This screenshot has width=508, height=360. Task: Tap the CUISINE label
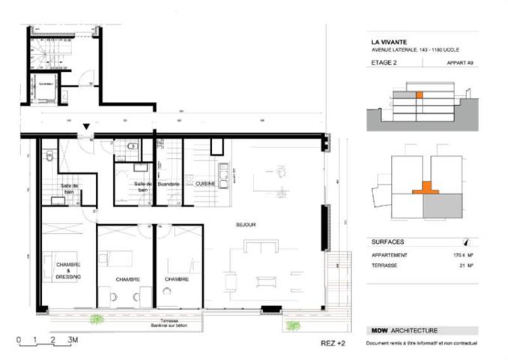coord(206,184)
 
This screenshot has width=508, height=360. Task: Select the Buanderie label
coord(169,184)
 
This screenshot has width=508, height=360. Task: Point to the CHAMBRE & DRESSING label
coord(67,271)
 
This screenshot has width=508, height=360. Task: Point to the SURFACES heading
coord(388,243)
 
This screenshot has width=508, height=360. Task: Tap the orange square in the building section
coord(420,95)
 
